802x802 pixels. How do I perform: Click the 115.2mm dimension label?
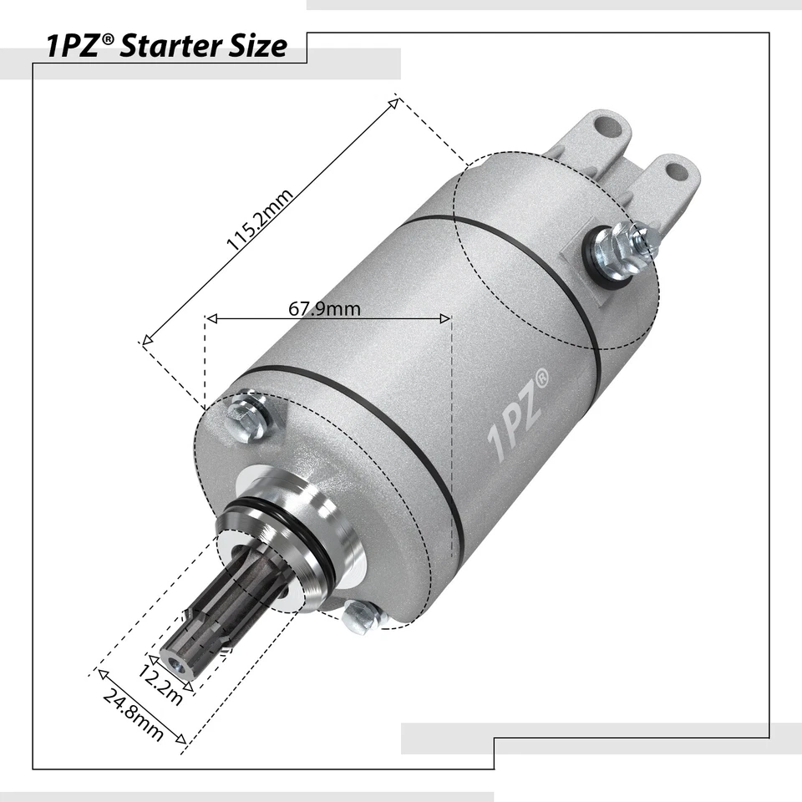click(x=260, y=220)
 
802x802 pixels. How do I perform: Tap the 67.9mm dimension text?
click(x=325, y=308)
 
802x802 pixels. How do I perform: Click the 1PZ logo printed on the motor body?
click(x=519, y=417)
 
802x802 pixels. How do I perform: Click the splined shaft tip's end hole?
click(x=175, y=665)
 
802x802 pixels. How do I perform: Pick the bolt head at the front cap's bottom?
click(x=361, y=617)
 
